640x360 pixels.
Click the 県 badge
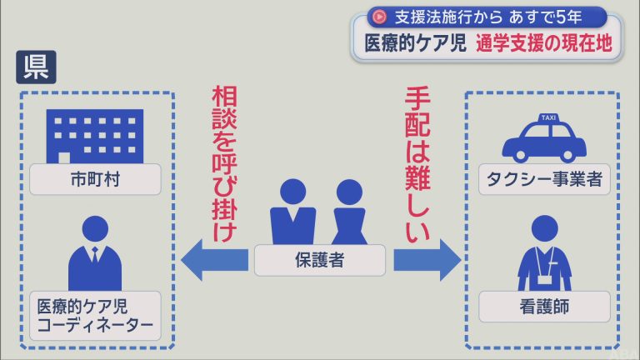[x=36, y=67]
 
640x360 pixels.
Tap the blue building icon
[x=95, y=137]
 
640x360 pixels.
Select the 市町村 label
[x=96, y=179]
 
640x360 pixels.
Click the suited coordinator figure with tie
[x=95, y=253]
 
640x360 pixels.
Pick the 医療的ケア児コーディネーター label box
[x=96, y=316]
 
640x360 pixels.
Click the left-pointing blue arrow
[x=215, y=260]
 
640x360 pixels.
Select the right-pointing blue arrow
[x=427, y=260]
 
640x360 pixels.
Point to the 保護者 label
[x=320, y=260]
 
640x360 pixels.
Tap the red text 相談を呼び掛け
[x=224, y=163]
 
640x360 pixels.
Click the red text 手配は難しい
[x=417, y=163]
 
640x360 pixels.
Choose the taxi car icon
[x=544, y=138]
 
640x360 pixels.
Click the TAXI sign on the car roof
[x=548, y=117]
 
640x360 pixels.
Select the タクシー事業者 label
[x=544, y=179]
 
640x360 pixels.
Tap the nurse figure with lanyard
[x=544, y=253]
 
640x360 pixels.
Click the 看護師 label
[x=544, y=307]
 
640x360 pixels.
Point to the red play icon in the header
[x=380, y=17]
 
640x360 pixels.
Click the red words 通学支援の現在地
[x=544, y=43]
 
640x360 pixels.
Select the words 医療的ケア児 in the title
[x=415, y=43]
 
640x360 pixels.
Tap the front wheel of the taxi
[x=520, y=155]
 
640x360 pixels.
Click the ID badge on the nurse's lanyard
[x=544, y=279]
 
